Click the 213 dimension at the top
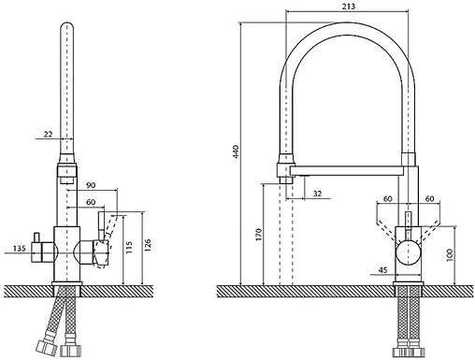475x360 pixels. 349,7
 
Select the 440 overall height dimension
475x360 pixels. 236,151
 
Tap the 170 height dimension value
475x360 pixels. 259,235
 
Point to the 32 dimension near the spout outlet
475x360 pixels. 317,194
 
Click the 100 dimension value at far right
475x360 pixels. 449,255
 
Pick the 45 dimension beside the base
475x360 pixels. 382,270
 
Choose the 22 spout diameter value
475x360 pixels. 48,135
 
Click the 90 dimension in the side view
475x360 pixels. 91,185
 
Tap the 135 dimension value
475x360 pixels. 20,249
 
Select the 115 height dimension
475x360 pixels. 129,247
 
